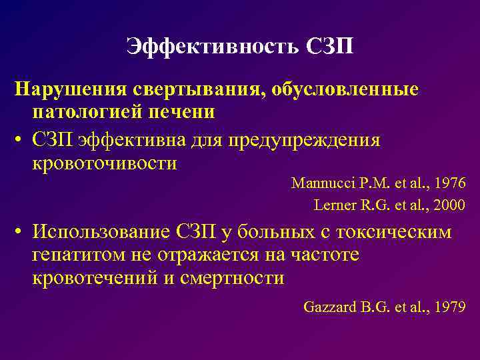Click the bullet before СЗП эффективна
21,141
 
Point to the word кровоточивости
104,164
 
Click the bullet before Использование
21,233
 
